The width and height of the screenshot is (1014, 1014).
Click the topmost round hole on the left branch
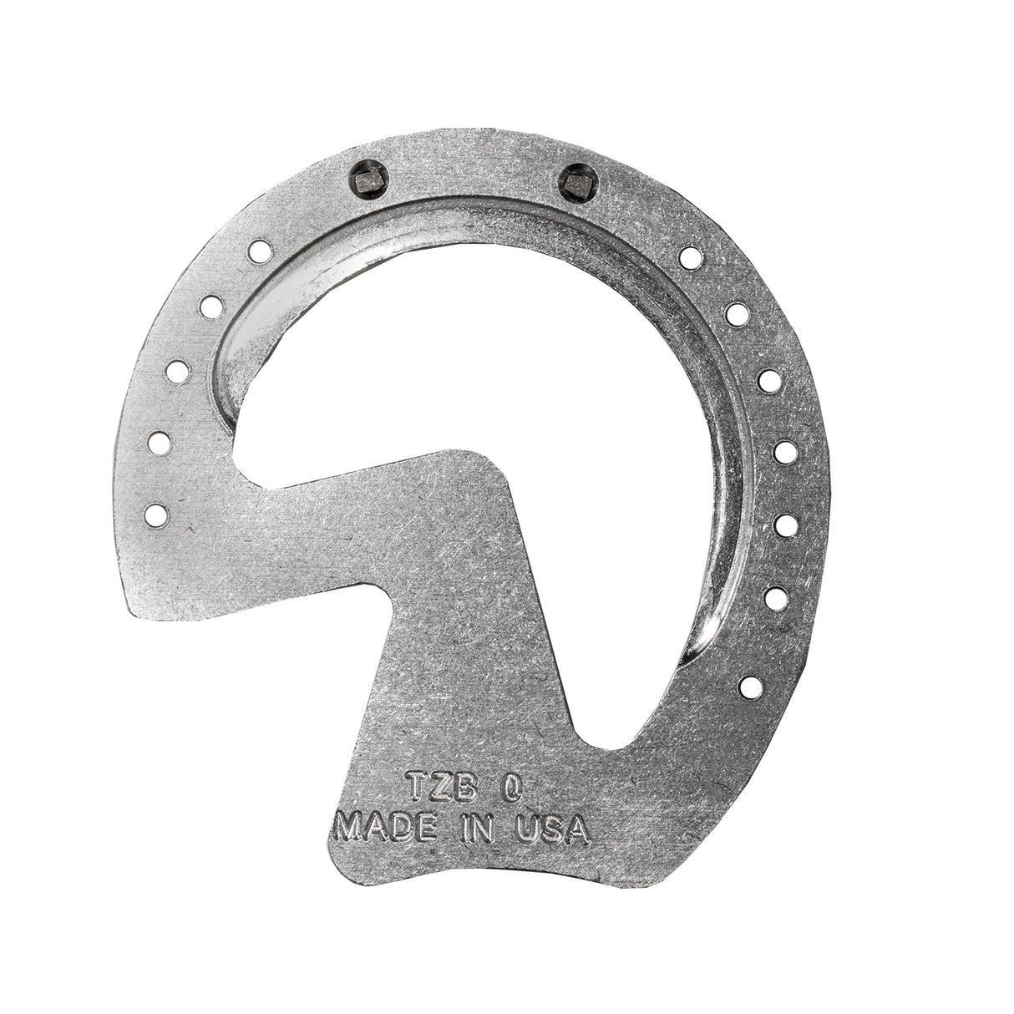coord(260,251)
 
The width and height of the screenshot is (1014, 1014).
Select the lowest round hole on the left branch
coord(157,515)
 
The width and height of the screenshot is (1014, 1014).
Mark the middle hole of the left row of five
coord(177,372)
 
